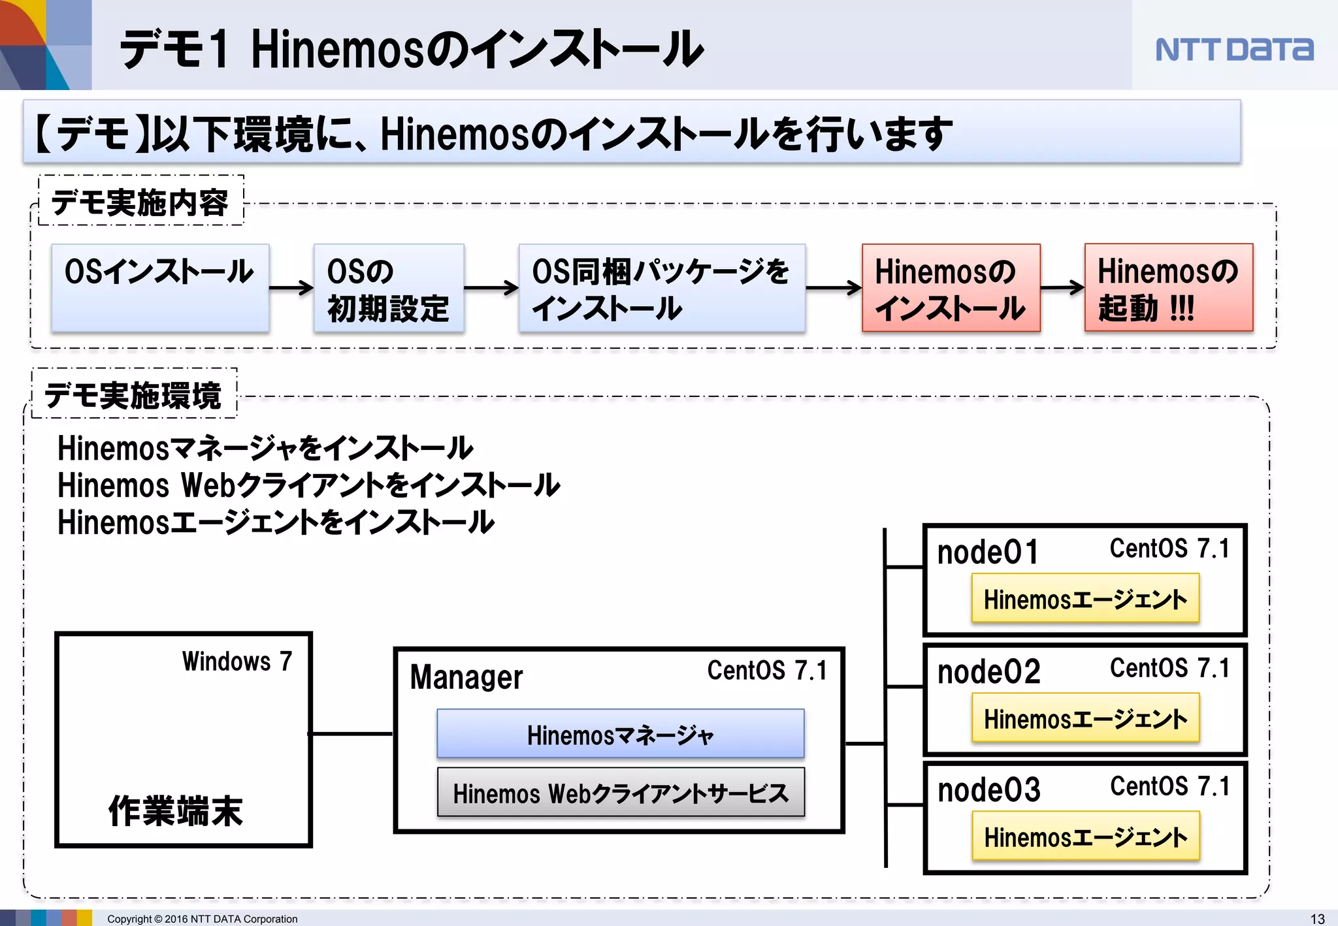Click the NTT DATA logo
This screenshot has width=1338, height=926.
(x=1234, y=50)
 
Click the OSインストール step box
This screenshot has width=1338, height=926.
(x=160, y=287)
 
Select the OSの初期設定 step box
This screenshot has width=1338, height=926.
(x=389, y=288)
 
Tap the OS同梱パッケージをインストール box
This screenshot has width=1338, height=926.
(x=661, y=288)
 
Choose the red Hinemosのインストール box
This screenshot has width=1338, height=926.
(x=951, y=288)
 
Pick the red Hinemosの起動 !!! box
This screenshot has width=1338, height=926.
(x=1168, y=288)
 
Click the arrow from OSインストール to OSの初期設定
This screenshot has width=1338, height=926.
(x=291, y=287)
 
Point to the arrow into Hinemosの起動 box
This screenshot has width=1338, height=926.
(x=1062, y=287)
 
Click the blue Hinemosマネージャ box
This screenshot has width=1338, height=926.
(x=620, y=734)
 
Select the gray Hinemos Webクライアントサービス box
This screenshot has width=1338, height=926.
(x=620, y=792)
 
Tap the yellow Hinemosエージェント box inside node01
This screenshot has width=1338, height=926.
(x=1085, y=598)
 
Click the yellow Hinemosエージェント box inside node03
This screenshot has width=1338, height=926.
(x=1085, y=836)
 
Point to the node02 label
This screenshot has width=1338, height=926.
(x=988, y=672)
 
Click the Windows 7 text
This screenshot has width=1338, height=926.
(x=237, y=662)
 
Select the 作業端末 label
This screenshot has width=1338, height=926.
(x=175, y=810)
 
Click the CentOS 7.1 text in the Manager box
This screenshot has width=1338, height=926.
(x=767, y=671)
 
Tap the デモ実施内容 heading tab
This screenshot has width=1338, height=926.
(x=140, y=201)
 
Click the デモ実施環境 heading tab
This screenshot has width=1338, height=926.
(x=133, y=394)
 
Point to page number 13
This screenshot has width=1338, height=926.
(x=1317, y=918)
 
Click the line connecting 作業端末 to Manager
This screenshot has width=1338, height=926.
(x=351, y=734)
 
